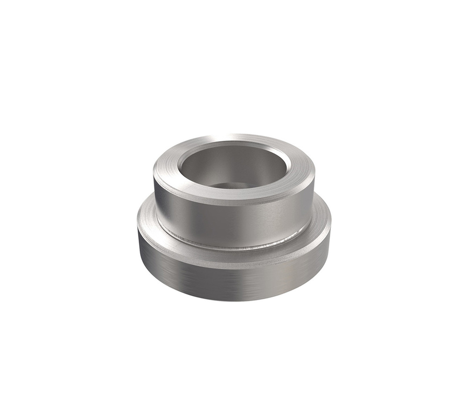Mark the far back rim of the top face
tap(234, 138)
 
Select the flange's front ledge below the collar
tap(234, 257)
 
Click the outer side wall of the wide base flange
tap(234, 281)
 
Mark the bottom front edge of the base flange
tap(234, 300)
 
